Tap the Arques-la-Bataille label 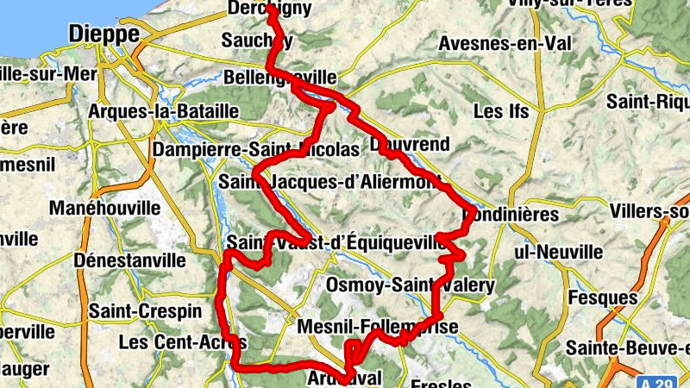tap(163, 111)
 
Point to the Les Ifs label tap(500, 111)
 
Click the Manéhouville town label tap(104, 209)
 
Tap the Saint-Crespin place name tap(145, 310)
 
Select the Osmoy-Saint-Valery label tap(411, 285)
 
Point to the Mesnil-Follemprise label tap(376, 327)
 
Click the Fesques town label tap(603, 297)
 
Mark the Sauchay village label tap(257, 41)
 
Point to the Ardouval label tap(343, 378)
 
